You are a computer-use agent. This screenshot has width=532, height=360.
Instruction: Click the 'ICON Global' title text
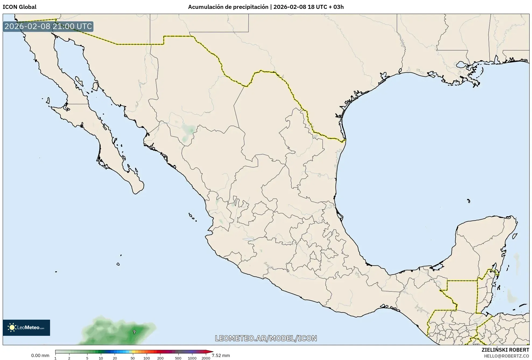tap(19, 7)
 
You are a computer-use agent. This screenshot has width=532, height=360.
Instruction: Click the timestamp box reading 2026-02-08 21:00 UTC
tap(48, 26)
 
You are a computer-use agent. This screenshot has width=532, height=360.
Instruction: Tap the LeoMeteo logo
tap(26, 327)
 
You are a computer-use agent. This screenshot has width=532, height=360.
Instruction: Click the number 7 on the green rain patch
tap(134, 332)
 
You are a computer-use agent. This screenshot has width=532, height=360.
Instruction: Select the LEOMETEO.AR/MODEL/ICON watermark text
tap(266, 338)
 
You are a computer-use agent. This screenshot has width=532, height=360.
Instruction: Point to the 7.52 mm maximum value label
tap(221, 355)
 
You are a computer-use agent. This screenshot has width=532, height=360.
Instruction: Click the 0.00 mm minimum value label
tap(40, 355)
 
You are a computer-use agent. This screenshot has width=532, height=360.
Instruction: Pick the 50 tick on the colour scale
tap(133, 358)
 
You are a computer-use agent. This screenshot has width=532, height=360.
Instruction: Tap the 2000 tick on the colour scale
tap(206, 358)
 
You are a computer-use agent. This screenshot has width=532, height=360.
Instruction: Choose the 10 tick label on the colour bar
tap(101, 358)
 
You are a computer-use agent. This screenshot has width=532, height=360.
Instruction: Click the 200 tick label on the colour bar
tap(160, 358)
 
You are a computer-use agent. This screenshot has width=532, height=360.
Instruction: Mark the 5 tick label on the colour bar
tap(87, 358)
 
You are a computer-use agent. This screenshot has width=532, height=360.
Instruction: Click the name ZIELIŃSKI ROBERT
tap(505, 350)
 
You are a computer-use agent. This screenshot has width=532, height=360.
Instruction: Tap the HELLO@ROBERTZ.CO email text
tap(506, 356)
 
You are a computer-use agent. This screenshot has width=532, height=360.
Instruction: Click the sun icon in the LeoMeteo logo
tap(12, 327)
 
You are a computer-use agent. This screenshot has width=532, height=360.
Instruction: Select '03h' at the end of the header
tap(338, 7)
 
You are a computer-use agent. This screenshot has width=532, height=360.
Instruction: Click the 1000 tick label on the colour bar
tap(192, 358)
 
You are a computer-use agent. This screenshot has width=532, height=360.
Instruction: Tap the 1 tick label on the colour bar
tap(55, 358)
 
